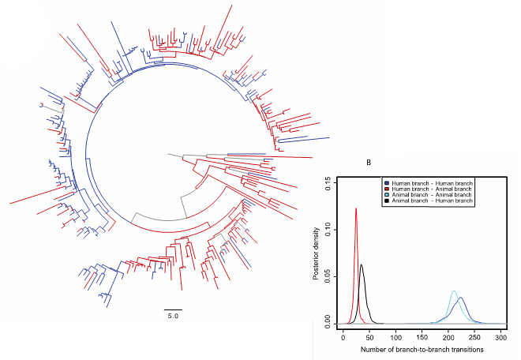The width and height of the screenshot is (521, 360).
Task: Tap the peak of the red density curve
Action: pos(356,208)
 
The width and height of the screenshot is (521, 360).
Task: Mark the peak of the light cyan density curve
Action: pos(454,291)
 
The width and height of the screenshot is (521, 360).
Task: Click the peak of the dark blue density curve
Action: pos(461,298)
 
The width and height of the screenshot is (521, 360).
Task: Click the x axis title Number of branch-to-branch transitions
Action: pos(423,349)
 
